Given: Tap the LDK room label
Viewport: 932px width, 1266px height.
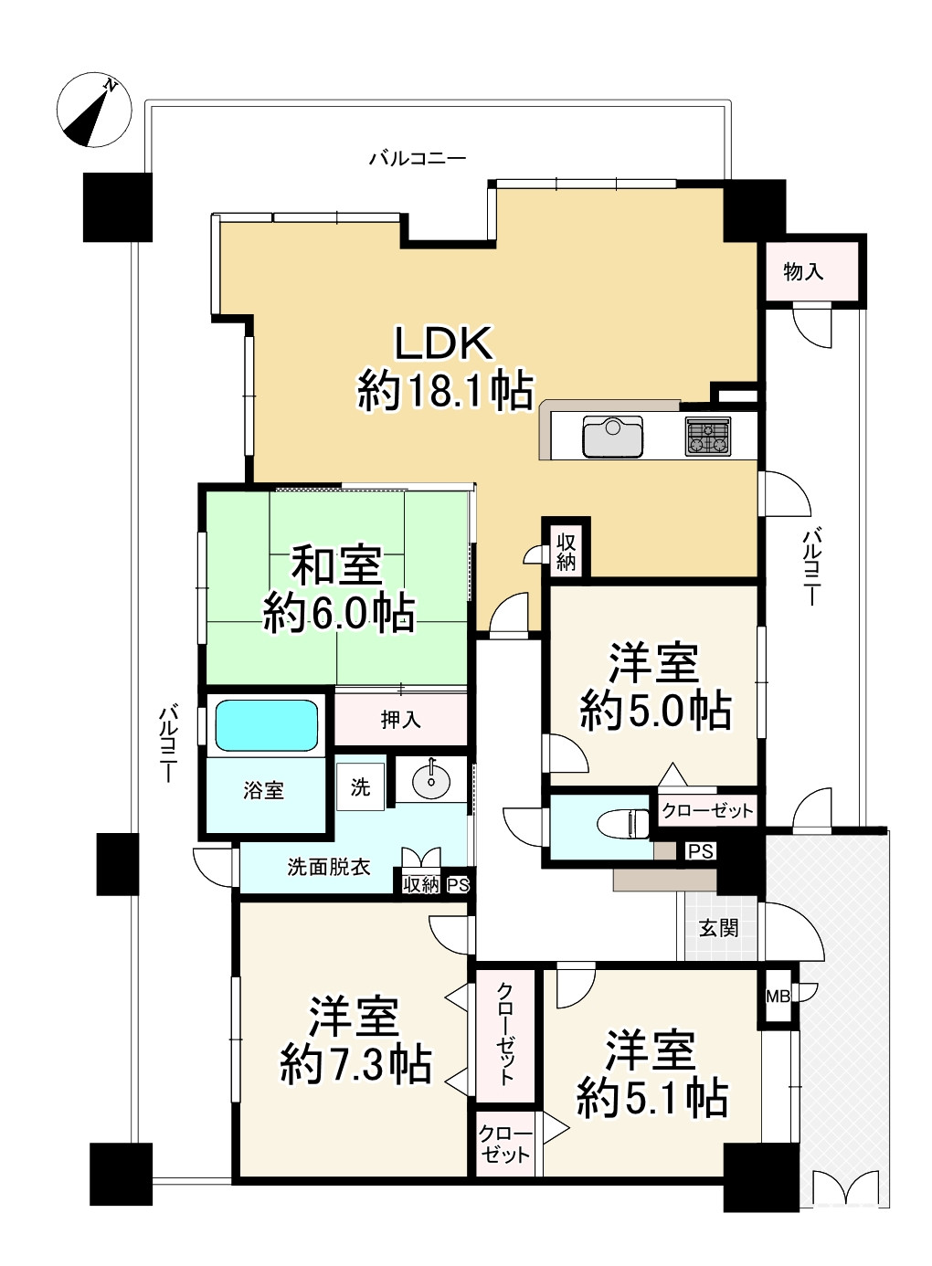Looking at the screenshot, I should click(x=444, y=366).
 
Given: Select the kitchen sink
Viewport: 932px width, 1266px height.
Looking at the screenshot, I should click(x=612, y=436).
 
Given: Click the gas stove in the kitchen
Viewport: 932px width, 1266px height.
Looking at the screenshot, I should click(x=708, y=436).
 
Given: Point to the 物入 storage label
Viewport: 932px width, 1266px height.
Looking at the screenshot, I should click(x=803, y=271).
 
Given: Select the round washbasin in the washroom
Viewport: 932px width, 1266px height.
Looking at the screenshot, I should click(x=430, y=780).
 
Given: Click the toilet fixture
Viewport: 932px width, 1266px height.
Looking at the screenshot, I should click(x=624, y=823).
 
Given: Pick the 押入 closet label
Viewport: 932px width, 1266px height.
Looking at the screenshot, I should click(x=400, y=720).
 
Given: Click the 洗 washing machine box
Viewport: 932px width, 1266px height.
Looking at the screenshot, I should click(x=360, y=786).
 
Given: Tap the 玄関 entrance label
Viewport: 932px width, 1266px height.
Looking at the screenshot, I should click(x=718, y=928).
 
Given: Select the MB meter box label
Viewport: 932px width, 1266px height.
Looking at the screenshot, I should click(x=778, y=996).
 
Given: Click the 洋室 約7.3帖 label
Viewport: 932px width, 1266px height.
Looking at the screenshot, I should click(x=355, y=1040).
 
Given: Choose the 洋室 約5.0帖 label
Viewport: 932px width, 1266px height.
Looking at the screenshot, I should click(x=655, y=686).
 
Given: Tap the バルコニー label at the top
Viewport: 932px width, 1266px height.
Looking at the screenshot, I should click(x=418, y=159).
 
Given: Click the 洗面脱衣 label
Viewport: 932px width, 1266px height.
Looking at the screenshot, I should click(x=328, y=867).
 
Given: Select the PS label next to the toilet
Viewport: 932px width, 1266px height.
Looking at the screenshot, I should click(x=700, y=851).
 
